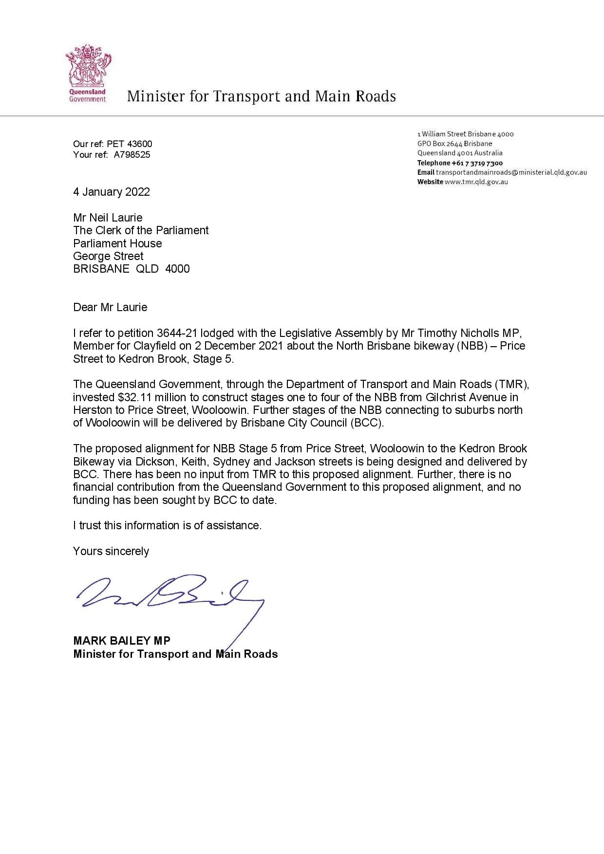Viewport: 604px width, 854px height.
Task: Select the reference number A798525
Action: [x=132, y=155]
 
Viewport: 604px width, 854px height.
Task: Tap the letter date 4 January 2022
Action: [x=112, y=192]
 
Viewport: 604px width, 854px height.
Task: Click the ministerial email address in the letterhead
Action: [x=511, y=172]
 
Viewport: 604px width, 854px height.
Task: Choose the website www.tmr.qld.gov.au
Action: [x=476, y=182]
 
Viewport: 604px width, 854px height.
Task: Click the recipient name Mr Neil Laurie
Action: [x=108, y=218]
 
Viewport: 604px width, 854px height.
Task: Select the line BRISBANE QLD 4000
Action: [x=132, y=269]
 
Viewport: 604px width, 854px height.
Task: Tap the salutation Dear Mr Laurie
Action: [x=110, y=307]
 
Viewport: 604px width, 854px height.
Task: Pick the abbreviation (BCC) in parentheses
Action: [x=367, y=423]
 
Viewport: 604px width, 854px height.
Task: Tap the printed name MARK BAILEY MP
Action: [x=122, y=641]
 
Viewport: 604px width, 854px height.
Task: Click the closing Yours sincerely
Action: [x=111, y=551]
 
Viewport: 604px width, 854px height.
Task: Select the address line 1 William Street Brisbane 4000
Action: [x=465, y=134]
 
